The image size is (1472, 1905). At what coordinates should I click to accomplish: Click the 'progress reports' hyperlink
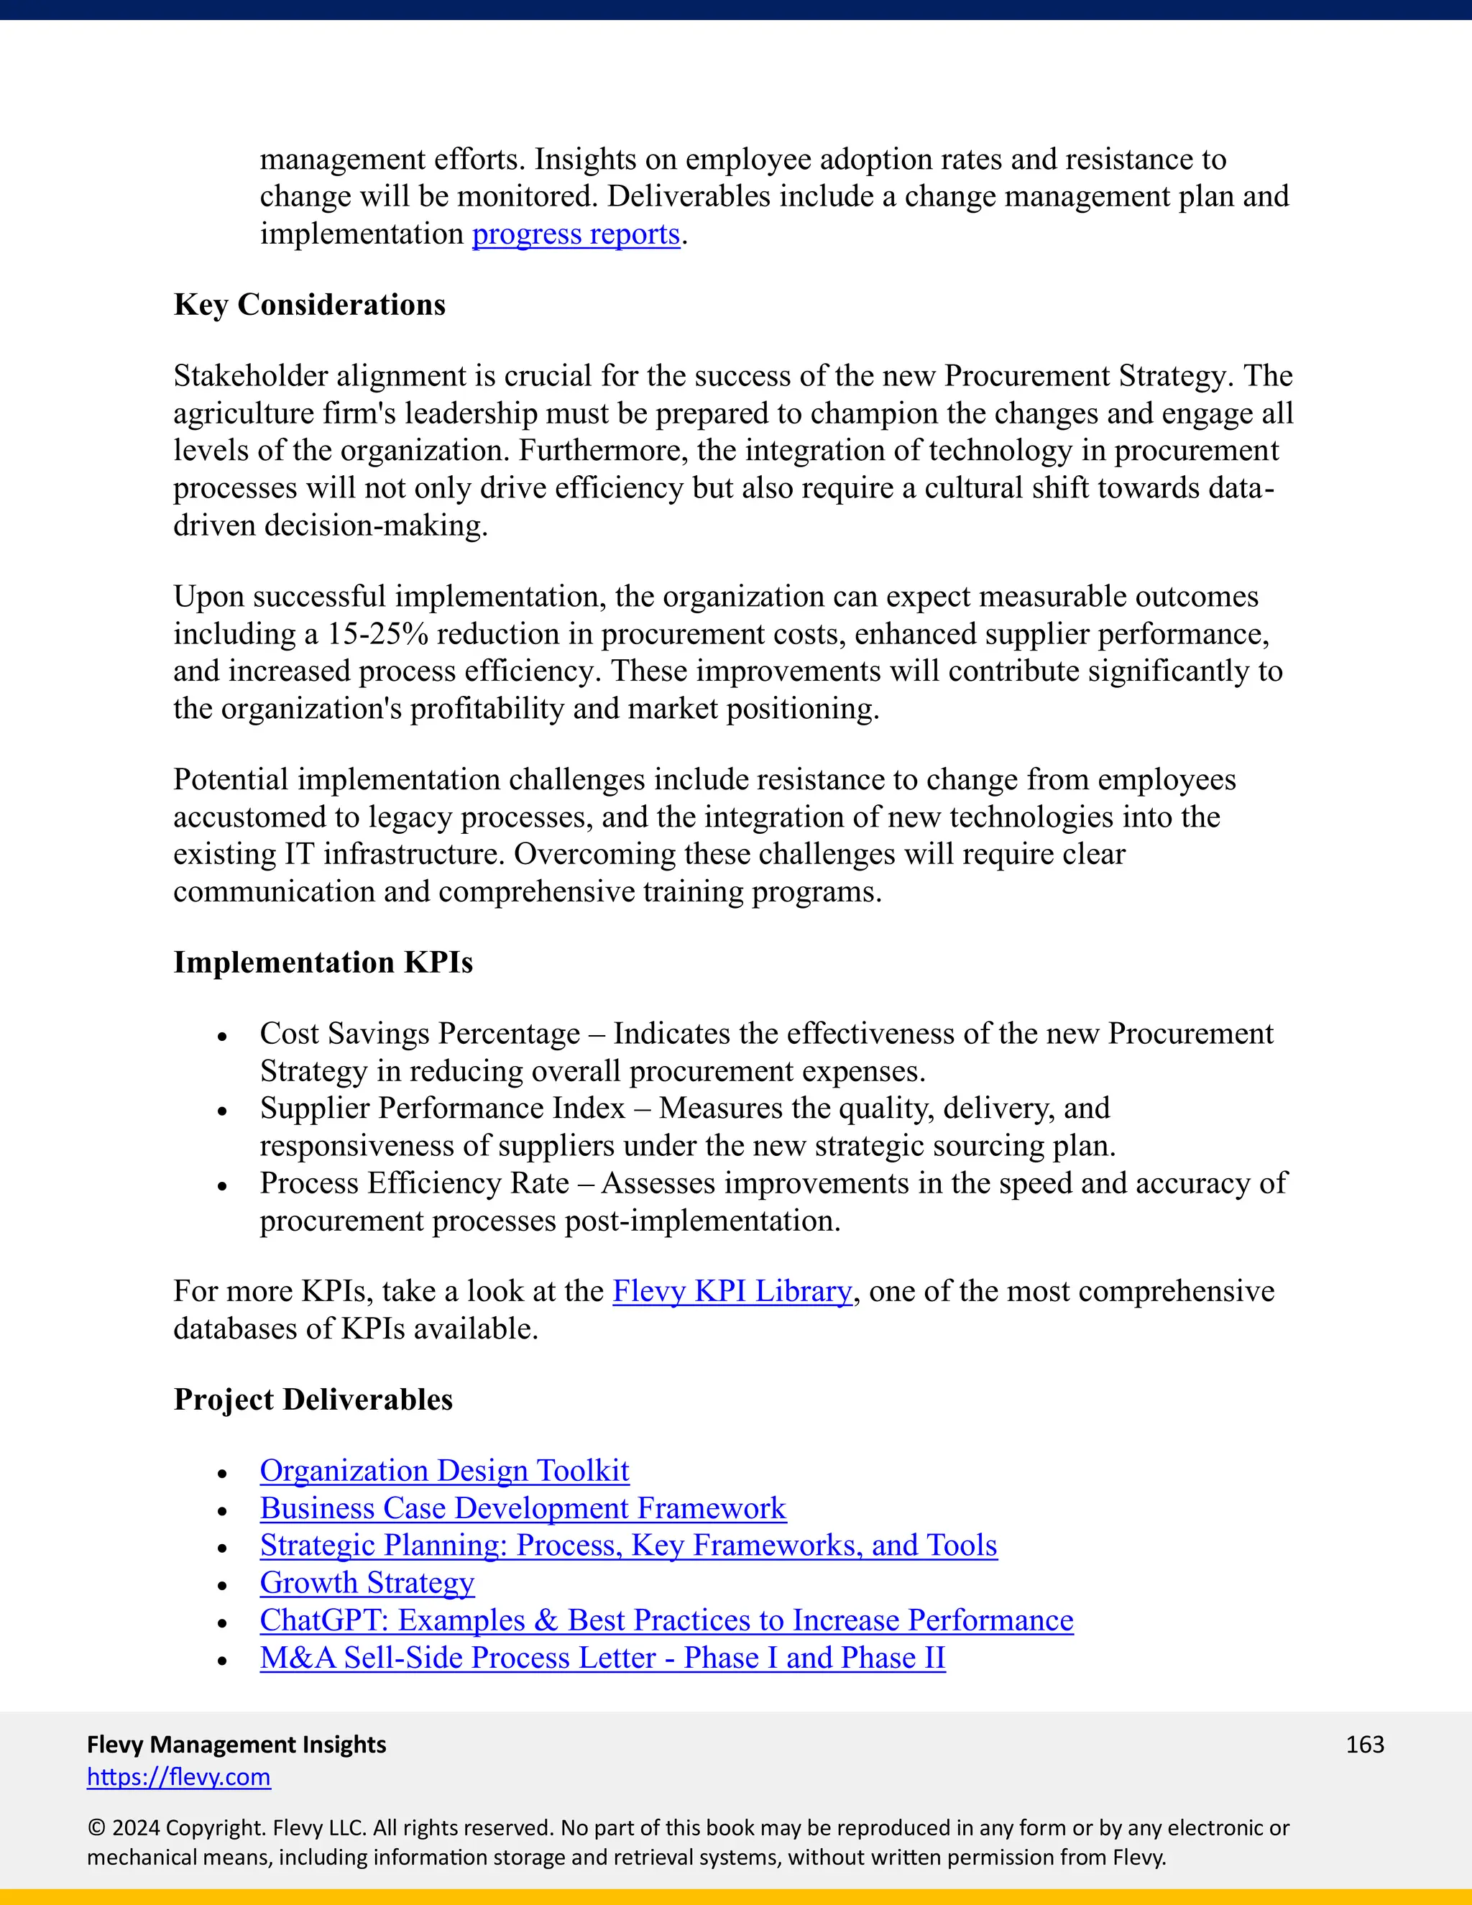point(576,234)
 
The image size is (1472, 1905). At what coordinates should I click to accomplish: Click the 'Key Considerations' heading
point(310,304)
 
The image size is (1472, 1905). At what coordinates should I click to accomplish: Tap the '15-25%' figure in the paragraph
point(377,634)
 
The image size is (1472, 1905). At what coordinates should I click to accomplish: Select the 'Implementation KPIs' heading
point(323,962)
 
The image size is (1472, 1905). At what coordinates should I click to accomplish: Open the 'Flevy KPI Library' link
point(732,1291)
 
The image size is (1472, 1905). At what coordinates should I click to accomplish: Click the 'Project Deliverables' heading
point(313,1399)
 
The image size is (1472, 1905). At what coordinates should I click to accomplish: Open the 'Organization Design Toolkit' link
point(444,1471)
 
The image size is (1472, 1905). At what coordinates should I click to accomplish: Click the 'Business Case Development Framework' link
point(523,1508)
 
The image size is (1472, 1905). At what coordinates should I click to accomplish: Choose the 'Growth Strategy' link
point(367,1582)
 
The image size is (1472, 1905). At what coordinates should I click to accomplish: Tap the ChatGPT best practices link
point(666,1620)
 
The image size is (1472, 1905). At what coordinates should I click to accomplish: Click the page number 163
point(1364,1745)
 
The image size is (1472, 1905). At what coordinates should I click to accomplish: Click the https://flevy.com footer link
point(179,1777)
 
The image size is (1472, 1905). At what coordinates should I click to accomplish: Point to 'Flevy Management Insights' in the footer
point(236,1745)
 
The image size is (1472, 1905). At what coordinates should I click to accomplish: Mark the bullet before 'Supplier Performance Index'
point(222,1111)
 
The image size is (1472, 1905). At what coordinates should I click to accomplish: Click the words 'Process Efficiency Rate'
point(414,1184)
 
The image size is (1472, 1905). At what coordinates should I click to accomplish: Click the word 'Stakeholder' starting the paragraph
point(250,376)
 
